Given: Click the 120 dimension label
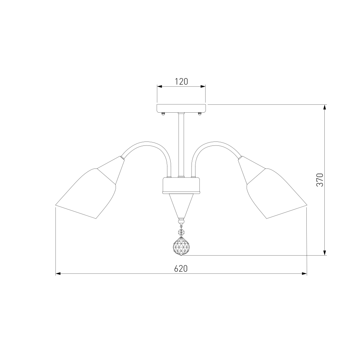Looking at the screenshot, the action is [x=181, y=81].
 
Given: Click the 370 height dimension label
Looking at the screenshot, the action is [x=320, y=180].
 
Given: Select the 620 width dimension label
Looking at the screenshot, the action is [x=181, y=269].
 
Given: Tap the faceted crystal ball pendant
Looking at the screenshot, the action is [x=181, y=246].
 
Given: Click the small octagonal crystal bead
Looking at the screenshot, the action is [x=181, y=232].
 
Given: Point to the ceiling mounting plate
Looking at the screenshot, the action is [x=181, y=108].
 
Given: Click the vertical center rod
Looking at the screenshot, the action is [x=181, y=145].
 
